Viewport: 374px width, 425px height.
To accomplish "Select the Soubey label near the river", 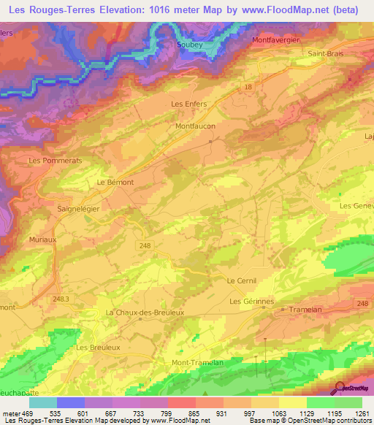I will tap(189, 44).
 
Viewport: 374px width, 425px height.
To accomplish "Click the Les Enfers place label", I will tap(188, 104).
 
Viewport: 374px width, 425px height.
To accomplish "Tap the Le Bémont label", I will tap(115, 183).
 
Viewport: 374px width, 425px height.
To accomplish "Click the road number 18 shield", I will tap(248, 86).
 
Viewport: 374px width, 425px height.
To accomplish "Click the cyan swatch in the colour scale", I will tap(43, 402).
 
